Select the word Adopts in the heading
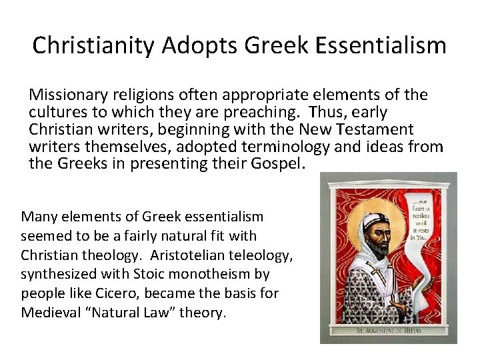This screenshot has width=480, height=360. pos(199,45)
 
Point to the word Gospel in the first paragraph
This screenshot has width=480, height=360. pos(275,163)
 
